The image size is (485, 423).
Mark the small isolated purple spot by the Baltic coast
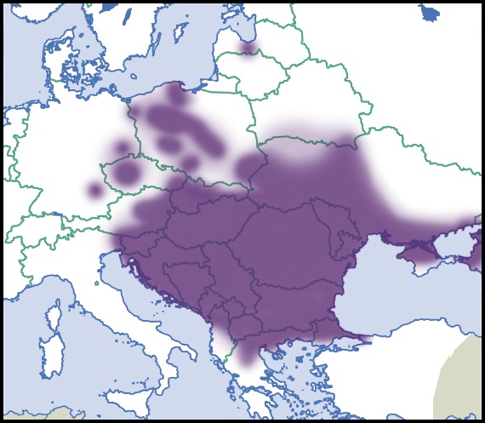point(248,48)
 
